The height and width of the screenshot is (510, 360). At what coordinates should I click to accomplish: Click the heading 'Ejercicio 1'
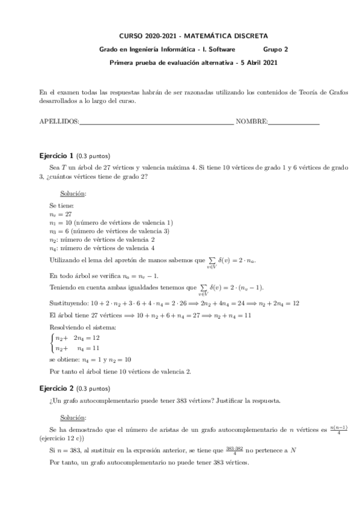point(56,156)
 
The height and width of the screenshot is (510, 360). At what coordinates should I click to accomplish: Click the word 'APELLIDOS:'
point(58,121)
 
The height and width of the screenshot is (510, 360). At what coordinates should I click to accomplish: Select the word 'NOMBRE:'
point(251,121)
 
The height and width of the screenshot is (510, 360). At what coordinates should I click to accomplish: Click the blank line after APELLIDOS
point(156,123)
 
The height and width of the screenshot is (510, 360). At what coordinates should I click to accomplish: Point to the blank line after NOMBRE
point(293,123)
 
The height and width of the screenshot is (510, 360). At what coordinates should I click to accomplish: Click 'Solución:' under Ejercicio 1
point(73,194)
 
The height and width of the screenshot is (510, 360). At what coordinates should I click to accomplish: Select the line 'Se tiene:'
point(61,206)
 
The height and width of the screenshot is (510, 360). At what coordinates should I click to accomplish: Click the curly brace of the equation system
point(52,343)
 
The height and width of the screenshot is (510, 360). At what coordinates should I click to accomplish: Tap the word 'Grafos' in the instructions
point(338,93)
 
